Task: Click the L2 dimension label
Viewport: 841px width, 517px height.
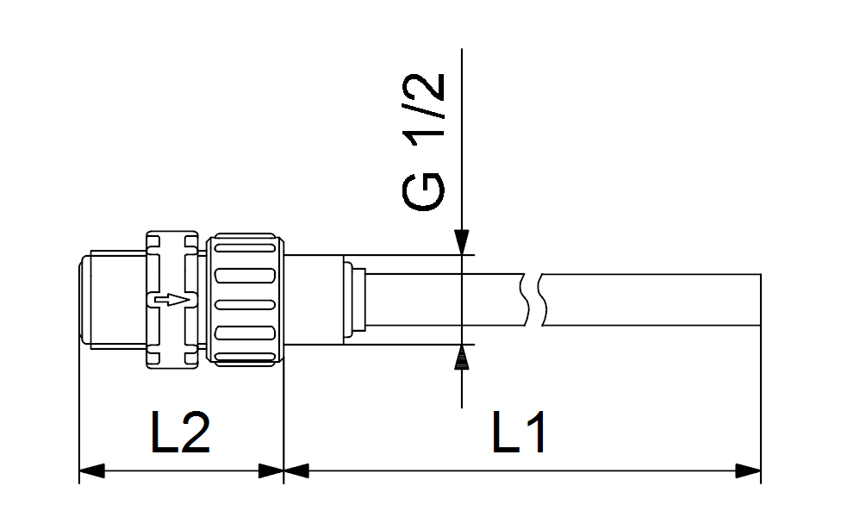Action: click(180, 433)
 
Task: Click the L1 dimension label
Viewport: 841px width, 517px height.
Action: click(519, 433)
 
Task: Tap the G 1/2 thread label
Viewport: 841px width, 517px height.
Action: click(424, 141)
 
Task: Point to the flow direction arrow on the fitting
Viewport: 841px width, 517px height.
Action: click(171, 300)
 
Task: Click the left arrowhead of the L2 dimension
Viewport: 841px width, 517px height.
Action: click(91, 470)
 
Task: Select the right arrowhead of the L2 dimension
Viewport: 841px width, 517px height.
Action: click(271, 470)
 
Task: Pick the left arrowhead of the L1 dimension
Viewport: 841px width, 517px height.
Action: click(296, 470)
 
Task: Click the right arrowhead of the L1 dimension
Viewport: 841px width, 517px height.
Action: click(748, 470)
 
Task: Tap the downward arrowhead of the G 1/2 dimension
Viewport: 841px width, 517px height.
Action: click(462, 242)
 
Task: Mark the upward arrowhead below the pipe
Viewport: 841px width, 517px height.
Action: click(462, 358)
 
